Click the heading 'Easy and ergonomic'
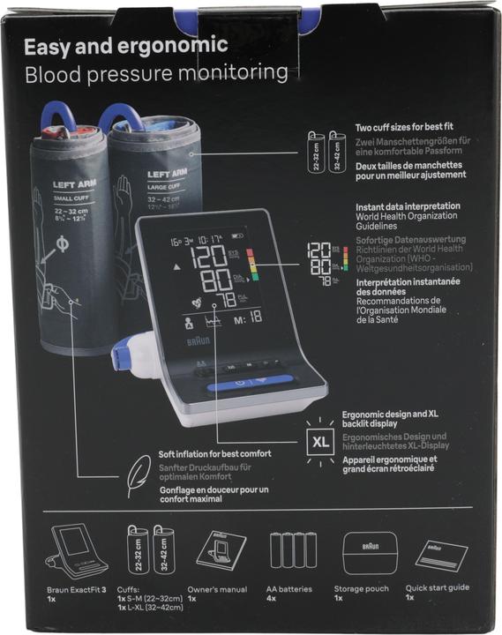tap(125, 46)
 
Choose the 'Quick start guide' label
tap(437, 587)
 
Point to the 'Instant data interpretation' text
tap(405, 205)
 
